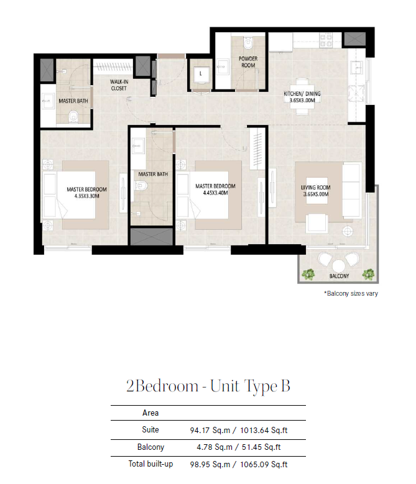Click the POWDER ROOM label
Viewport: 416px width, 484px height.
pos(248,62)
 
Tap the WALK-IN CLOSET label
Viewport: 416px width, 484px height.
pos(119,85)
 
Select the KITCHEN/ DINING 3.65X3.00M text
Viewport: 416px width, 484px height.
pos(302,97)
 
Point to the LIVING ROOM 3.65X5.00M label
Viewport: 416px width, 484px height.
pos(316,191)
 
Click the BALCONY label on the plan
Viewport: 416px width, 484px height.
pos(339,276)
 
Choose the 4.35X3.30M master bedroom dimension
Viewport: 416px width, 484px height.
pos(87,196)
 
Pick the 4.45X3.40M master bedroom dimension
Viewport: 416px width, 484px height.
pos(216,193)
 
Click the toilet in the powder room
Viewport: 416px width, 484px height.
pos(248,43)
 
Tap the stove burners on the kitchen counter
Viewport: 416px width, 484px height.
pos(325,41)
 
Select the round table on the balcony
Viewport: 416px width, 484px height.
pos(338,265)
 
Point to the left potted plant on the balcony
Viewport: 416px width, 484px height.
pos(308,274)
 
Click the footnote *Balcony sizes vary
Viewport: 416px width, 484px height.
pos(351,293)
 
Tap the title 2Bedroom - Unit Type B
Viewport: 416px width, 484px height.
pos(208,386)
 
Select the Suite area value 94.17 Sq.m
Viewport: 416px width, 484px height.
pos(210,431)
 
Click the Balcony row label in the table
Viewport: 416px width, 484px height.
pos(150,447)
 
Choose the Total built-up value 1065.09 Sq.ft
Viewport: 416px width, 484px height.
pos(264,464)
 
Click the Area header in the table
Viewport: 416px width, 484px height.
pos(150,413)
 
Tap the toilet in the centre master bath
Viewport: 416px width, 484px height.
pos(141,186)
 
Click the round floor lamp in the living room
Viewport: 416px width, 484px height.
pos(348,231)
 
